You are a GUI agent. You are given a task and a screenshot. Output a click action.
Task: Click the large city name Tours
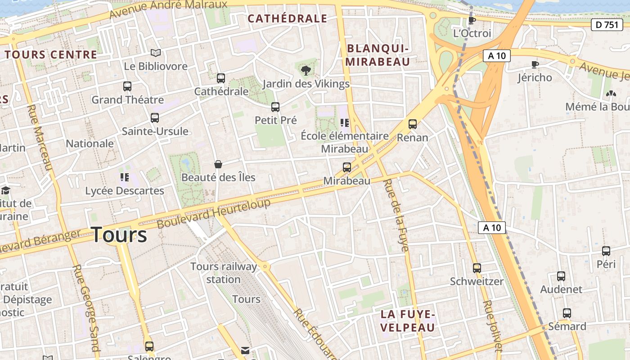pos(119,235)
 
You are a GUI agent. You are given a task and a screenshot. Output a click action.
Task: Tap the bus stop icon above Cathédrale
pos(220,78)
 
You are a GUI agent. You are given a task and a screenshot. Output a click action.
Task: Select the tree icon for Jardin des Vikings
pos(306,70)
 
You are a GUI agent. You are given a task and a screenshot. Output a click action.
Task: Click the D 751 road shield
pos(607,25)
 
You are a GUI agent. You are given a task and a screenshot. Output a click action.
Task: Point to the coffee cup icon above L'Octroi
pos(472,20)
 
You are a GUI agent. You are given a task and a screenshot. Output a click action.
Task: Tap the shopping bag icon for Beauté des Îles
pos(218,164)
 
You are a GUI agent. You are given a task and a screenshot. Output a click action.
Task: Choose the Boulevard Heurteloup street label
pos(214,213)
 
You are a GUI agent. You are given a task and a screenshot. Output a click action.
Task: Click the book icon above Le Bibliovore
pos(155,53)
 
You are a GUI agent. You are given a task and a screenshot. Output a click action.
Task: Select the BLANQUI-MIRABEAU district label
pos(378,55)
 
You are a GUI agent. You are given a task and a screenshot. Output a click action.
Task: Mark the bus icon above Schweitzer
pos(477,268)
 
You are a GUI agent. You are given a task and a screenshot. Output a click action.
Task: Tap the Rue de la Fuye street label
pos(396,215)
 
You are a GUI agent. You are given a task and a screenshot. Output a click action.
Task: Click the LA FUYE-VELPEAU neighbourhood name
pos(408,320)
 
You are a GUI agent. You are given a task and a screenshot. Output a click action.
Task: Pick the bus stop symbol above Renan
pos(413,124)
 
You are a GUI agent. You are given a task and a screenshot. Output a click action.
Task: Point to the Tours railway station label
pos(224,273)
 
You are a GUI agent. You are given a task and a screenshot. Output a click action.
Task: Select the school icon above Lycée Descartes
pos(124,177)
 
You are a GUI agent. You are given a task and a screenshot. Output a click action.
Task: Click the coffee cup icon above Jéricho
pos(535,64)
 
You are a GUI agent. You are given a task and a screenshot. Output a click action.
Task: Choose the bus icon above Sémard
pos(567,313)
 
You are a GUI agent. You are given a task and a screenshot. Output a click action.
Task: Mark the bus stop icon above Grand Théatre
pos(127,86)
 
